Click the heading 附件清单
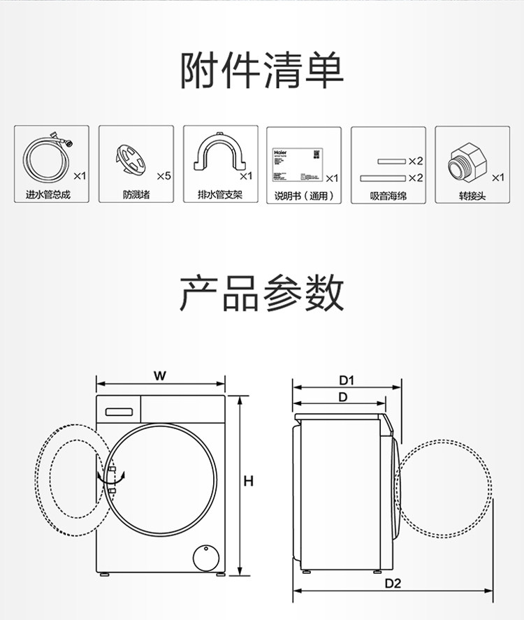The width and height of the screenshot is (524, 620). pyautogui.click(x=261, y=71)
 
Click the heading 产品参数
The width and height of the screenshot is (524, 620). pyautogui.click(x=261, y=293)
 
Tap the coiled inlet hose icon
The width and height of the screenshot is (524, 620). pyautogui.click(x=46, y=159)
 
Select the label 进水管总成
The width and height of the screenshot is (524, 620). pyautogui.click(x=48, y=195)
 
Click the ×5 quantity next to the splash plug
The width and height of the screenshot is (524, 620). pyautogui.click(x=163, y=176)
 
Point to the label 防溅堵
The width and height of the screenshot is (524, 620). pyautogui.click(x=136, y=195)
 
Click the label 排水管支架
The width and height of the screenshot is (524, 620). pyautogui.click(x=220, y=195)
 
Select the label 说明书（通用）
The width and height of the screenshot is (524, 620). pyautogui.click(x=304, y=196)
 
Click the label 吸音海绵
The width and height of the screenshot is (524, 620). pyautogui.click(x=388, y=196)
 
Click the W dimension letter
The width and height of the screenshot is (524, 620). pyautogui.click(x=160, y=375)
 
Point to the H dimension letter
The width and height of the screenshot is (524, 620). pyautogui.click(x=248, y=482)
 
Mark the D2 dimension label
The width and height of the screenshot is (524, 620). pyautogui.click(x=393, y=584)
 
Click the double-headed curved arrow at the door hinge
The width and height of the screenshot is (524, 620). pyautogui.click(x=111, y=478)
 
